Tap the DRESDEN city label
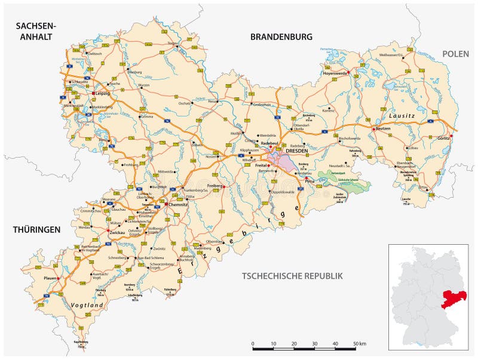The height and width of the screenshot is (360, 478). pyautogui.click(x=296, y=151)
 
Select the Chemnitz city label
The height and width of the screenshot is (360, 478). pyautogui.click(x=178, y=204)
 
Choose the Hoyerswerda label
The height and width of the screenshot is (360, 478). pyautogui.click(x=335, y=73)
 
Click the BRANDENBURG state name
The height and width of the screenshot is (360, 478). pyautogui.click(x=281, y=37)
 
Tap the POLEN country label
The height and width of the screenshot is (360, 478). pyautogui.click(x=456, y=54)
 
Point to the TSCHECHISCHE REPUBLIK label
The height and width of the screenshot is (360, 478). pyautogui.click(x=292, y=276)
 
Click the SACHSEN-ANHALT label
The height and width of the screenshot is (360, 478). pyautogui.click(x=35, y=31)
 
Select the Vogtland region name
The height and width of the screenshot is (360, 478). pyautogui.click(x=87, y=305)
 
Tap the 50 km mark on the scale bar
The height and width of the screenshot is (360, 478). pyautogui.click(x=356, y=344)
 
